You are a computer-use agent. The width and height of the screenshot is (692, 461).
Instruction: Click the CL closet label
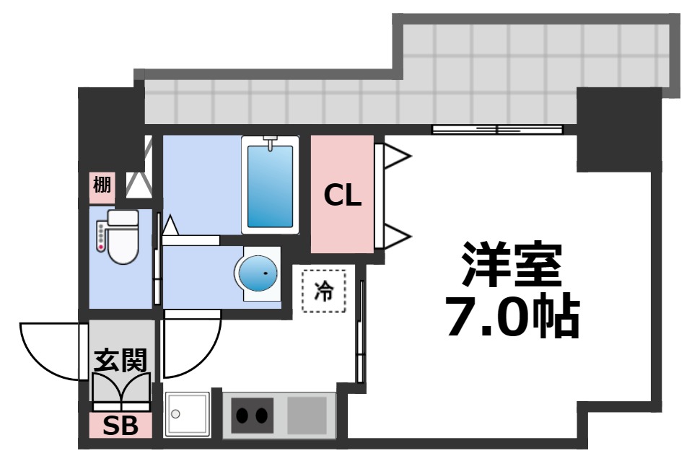coord(342,195)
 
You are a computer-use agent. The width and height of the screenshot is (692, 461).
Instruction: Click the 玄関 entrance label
coord(121,359)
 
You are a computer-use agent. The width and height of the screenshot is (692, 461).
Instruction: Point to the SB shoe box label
coord(121,426)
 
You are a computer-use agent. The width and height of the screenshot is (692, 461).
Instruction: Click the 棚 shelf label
coord(102,185)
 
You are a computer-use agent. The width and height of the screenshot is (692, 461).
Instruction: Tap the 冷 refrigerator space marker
coord(324,291)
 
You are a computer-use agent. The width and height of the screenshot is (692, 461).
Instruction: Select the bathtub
coord(271,185)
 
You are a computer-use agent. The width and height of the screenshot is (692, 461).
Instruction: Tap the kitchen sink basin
coord(187,414)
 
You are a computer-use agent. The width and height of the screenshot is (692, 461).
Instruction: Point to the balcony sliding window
coord(497,130)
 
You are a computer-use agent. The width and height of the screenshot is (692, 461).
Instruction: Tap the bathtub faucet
coord(271,144)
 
